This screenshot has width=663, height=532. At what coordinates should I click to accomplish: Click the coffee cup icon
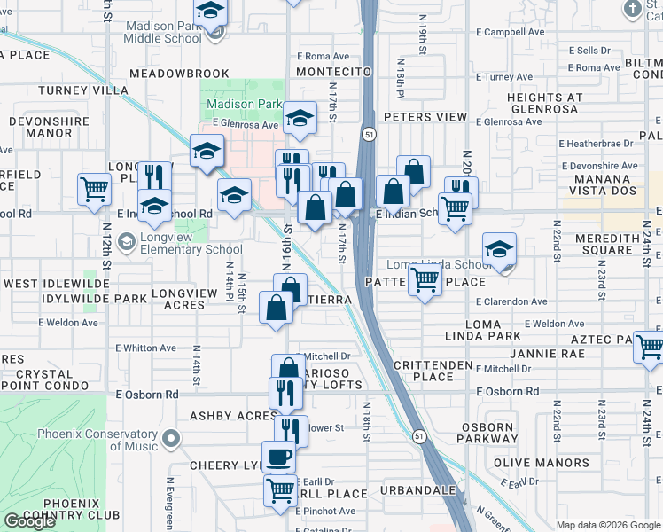point(280,457)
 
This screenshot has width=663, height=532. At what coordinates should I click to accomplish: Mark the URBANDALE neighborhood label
point(417,490)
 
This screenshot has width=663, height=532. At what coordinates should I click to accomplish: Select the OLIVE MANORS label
point(529,463)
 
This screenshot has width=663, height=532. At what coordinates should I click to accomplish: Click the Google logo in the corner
point(29,521)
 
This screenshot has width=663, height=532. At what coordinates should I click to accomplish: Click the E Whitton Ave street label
point(144,348)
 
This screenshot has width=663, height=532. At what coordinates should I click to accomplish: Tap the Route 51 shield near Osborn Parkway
point(419,435)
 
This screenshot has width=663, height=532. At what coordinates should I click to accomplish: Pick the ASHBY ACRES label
point(234,416)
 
